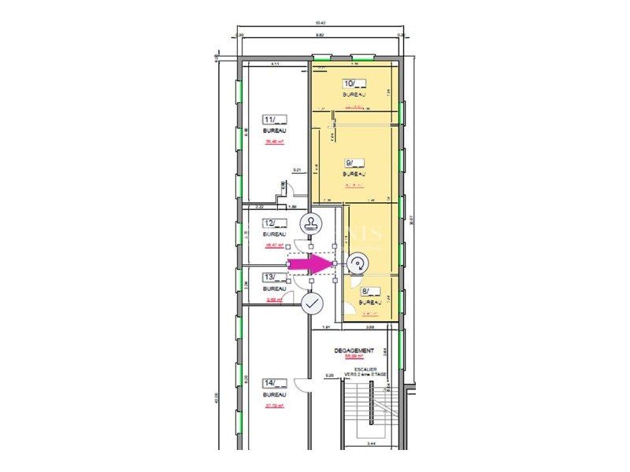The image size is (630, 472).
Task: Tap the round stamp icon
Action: pyautogui.click(x=313, y=224)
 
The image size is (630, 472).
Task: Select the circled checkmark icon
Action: pyautogui.click(x=313, y=303)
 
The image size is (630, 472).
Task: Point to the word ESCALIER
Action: pyautogui.click(x=364, y=368)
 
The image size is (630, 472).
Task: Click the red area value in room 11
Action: pyautogui.click(x=274, y=142)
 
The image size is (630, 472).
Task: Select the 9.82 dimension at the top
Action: pyautogui.click(x=321, y=35)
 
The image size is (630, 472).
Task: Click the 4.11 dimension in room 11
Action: pyautogui.click(x=276, y=63)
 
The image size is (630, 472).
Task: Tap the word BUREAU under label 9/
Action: pyautogui.click(x=354, y=173)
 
